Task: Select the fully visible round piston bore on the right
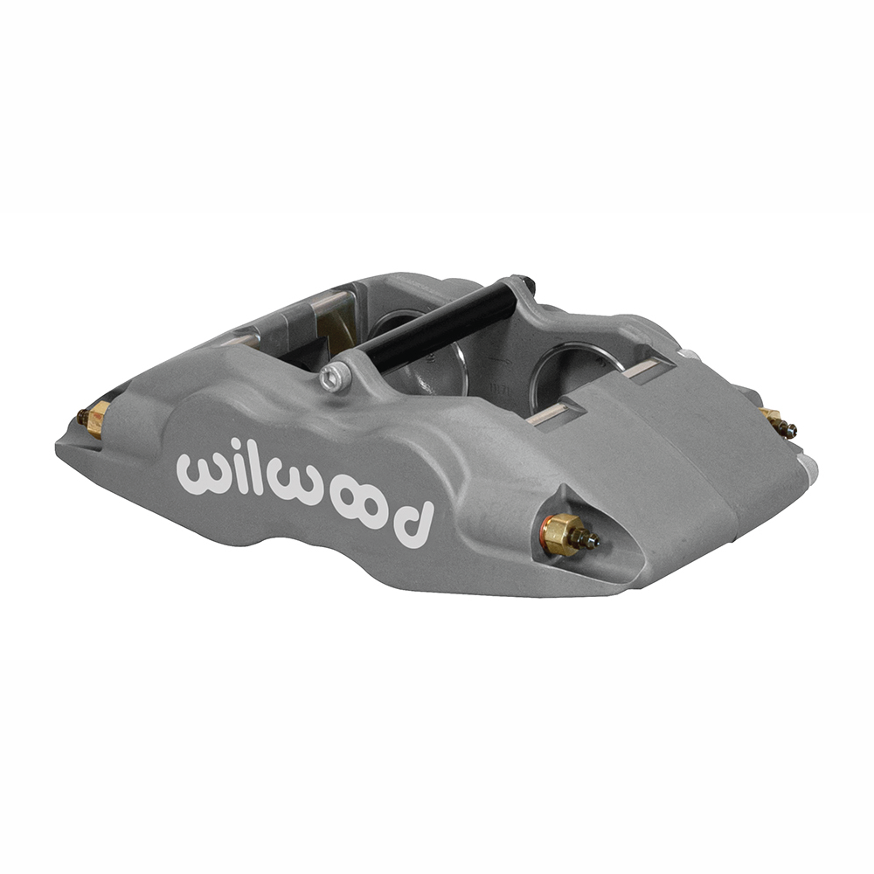point(573,371)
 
